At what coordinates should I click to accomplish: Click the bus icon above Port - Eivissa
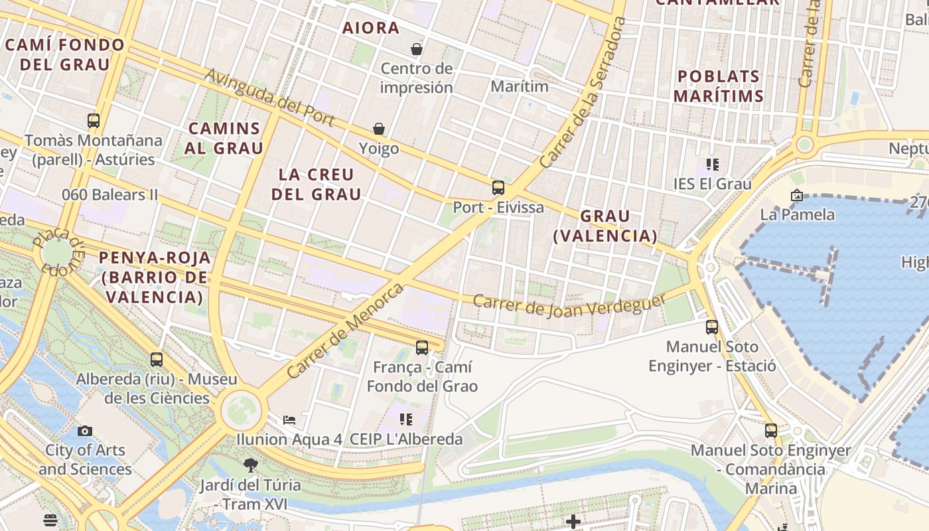point(498,188)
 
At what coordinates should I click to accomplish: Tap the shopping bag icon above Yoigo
point(379,128)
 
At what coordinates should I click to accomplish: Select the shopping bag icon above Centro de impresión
point(417,49)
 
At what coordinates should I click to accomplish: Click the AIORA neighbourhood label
point(371,28)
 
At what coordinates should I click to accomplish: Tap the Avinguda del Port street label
point(269,97)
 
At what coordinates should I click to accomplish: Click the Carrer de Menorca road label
point(345,331)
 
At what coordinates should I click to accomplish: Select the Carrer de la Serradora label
point(583,93)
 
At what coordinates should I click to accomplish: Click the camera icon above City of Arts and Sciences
point(84,431)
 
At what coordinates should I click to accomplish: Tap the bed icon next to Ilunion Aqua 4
point(289,419)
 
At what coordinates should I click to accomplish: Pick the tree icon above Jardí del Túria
point(250,465)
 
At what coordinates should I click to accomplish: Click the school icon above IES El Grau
point(713,164)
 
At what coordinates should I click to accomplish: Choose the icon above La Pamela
point(796,195)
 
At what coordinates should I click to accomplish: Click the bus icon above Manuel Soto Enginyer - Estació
point(712,327)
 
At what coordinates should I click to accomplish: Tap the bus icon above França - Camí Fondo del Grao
point(422,347)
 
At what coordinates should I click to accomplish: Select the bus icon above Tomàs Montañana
point(94,121)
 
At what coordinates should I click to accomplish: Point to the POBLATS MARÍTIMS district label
point(719,86)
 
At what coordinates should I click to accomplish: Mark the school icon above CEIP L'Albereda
point(406,419)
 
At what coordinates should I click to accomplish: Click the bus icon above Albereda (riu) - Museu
point(157,359)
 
